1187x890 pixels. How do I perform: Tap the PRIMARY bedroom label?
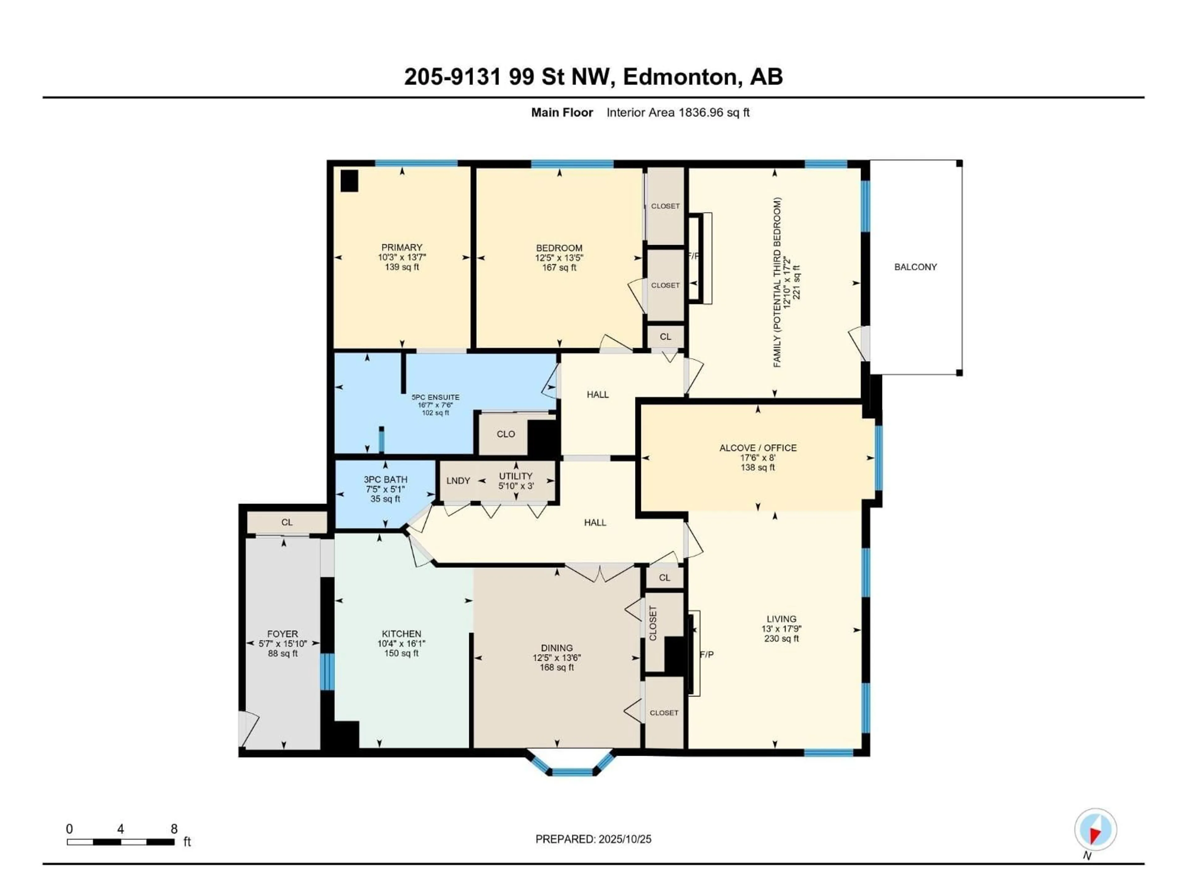(402, 247)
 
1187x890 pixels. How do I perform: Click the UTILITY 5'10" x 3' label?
(516, 481)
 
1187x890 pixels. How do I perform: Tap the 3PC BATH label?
(385, 479)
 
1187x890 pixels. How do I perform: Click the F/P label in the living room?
(706, 655)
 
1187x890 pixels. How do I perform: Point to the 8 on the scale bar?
(174, 829)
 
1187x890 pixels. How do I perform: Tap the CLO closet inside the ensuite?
(505, 434)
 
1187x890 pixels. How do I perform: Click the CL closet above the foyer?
(287, 522)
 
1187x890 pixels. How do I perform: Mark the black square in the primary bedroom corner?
(349, 181)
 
